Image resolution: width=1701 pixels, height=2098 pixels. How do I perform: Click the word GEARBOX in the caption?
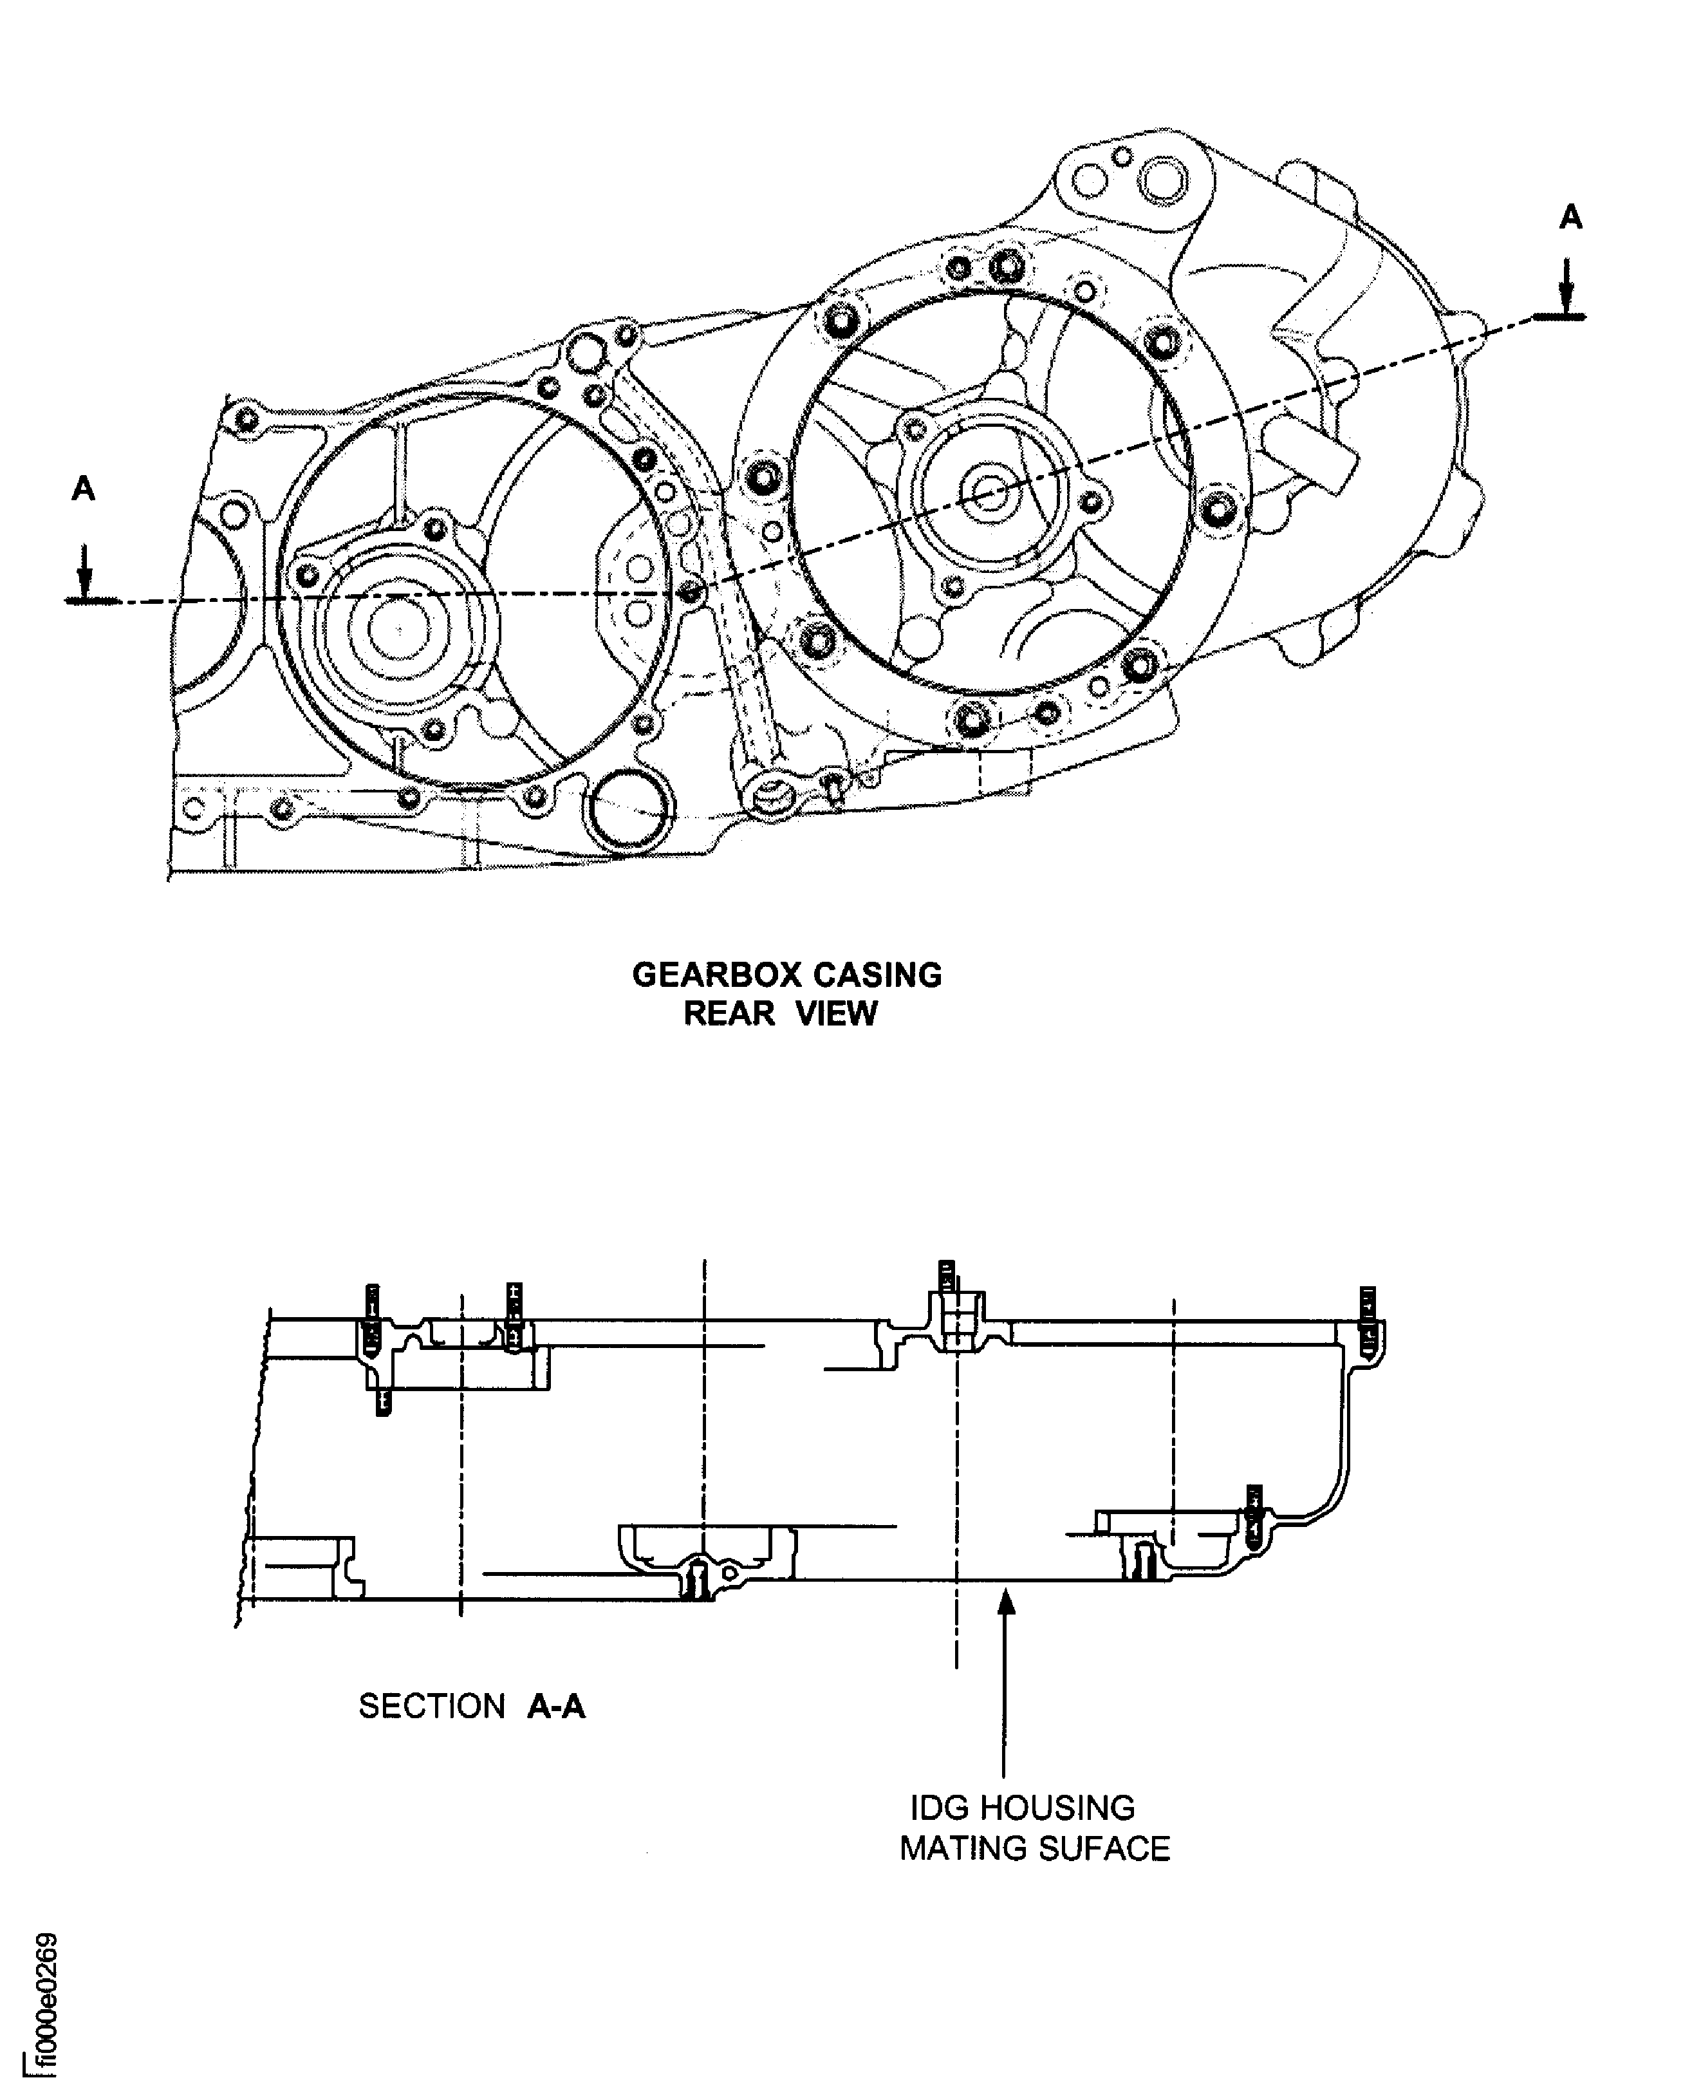[716, 975]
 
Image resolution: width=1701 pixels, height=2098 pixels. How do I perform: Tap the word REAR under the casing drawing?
[729, 1013]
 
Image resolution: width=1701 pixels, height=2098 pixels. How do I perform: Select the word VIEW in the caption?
[836, 1013]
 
